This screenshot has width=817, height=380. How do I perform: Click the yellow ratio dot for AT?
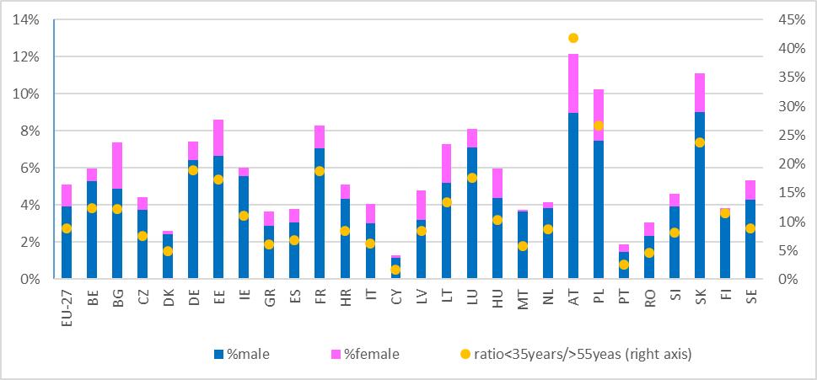(573, 38)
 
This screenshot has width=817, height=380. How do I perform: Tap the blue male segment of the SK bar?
(700, 211)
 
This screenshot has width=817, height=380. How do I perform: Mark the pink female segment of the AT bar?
(573, 83)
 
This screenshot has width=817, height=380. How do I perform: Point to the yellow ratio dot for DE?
(193, 170)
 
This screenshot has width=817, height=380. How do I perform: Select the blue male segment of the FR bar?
(320, 219)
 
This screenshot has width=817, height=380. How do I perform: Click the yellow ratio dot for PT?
(623, 265)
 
